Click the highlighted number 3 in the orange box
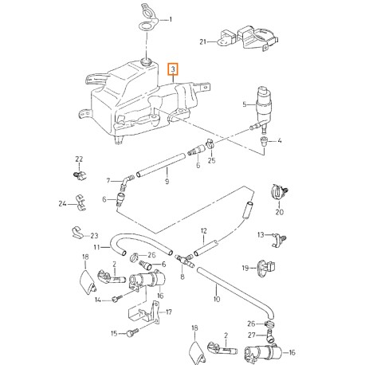(x=173, y=72)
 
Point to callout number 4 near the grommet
(x=281, y=141)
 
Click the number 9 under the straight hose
(x=167, y=182)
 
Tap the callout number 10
(x=215, y=300)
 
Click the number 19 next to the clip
(x=245, y=267)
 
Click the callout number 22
(x=79, y=159)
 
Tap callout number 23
(x=94, y=236)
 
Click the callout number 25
(x=212, y=160)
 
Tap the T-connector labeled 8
(x=182, y=261)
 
